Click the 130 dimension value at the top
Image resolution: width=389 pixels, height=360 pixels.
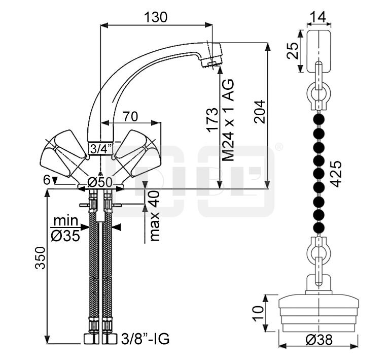156,17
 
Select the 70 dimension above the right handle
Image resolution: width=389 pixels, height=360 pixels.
130,116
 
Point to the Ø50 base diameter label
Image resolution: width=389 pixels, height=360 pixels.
100,183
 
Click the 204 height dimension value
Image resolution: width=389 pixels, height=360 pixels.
260,112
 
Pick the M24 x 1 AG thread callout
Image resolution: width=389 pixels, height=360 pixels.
228,120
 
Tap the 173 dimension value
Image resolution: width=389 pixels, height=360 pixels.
213,120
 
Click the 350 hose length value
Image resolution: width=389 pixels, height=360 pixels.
41,257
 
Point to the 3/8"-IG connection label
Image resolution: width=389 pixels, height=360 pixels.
146,339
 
